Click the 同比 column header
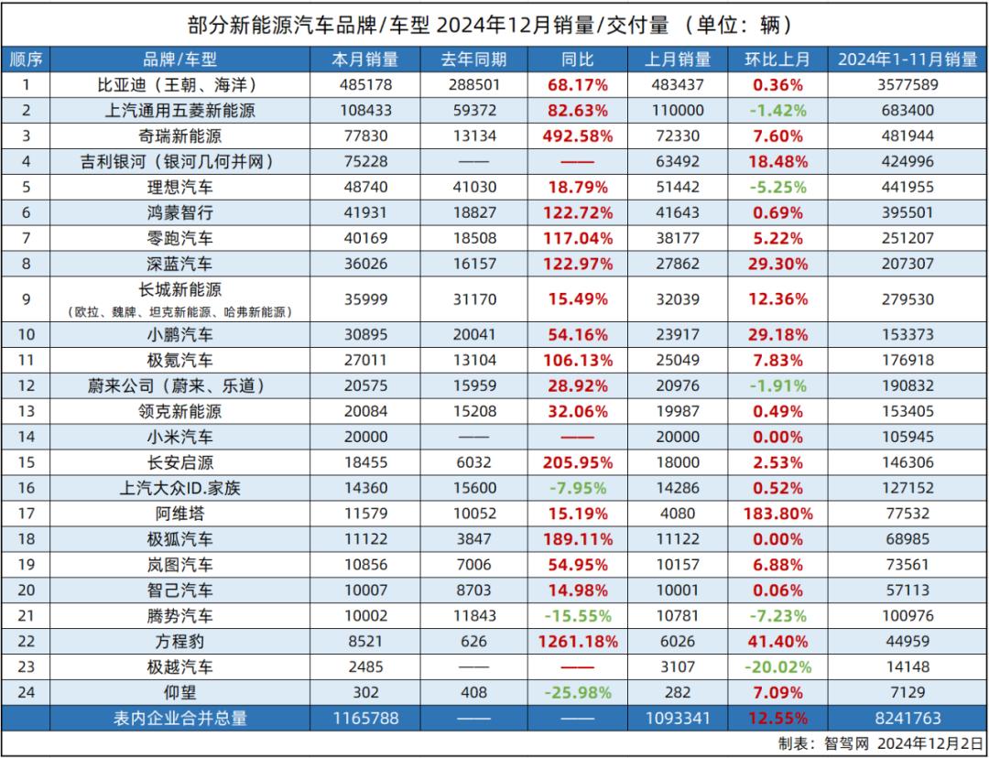577,60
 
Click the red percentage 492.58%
577,136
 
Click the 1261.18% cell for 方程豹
577,641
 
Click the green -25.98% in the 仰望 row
577,692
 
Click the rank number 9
27,299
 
